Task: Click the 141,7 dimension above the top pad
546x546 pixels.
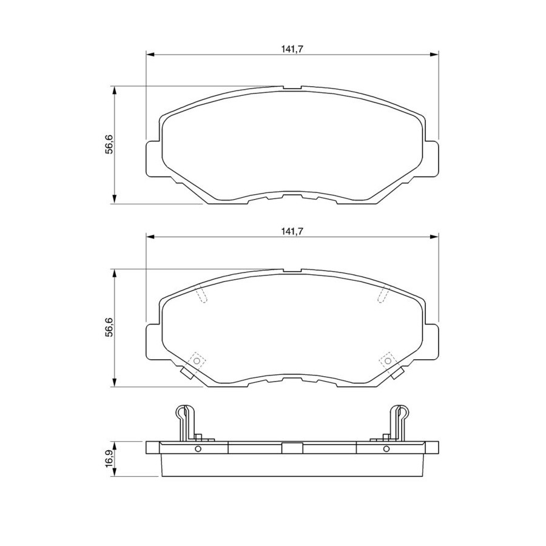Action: point(292,49)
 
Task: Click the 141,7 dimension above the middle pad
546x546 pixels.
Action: point(292,231)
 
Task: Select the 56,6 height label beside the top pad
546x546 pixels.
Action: point(109,144)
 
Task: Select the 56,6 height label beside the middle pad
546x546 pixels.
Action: point(109,328)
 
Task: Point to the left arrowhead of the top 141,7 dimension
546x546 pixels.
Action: point(150,55)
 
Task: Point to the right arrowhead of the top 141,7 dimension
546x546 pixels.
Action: point(434,55)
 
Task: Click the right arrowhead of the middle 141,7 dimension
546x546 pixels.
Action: point(434,237)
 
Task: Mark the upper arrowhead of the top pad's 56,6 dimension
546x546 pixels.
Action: point(114,90)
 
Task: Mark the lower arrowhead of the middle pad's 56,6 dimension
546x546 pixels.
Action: point(114,382)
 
